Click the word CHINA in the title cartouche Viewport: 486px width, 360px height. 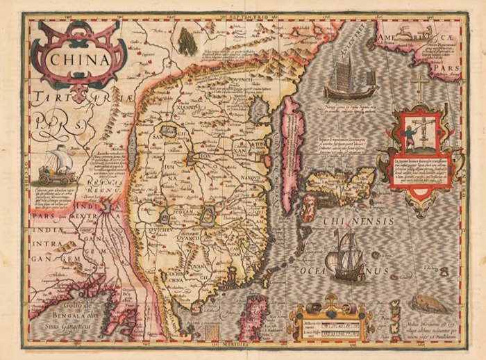tap(80, 58)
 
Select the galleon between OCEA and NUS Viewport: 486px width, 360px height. tap(347, 256)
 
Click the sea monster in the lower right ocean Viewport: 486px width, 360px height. tap(425, 303)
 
